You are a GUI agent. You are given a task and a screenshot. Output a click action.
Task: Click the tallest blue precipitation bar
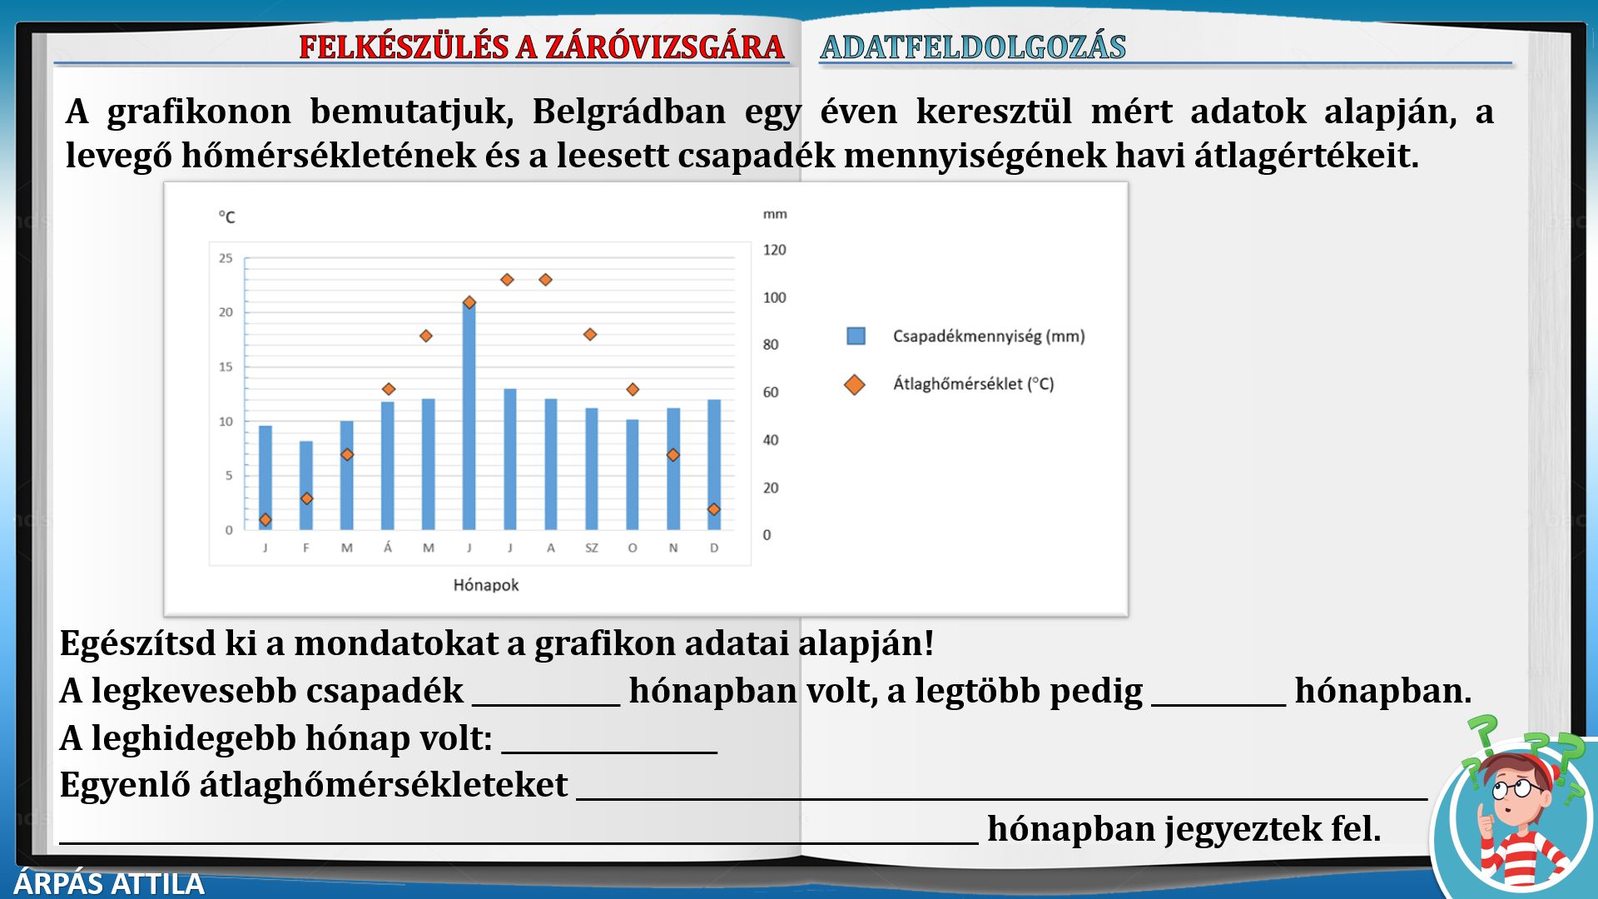point(469,416)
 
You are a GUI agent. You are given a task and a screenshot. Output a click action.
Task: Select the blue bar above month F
point(306,485)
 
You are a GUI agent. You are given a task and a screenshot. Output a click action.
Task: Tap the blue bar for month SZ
point(592,469)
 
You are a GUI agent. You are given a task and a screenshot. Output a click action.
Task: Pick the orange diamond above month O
point(633,390)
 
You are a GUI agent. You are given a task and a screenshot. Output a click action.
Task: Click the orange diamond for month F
point(306,499)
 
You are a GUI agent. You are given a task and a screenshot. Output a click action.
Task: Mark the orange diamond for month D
point(713,509)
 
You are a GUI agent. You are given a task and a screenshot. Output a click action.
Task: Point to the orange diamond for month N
point(673,455)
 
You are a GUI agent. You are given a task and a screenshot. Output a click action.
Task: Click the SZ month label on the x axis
point(592,548)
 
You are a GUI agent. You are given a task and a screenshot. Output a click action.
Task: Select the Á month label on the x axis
point(388,547)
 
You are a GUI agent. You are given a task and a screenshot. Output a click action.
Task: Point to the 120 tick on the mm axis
point(775,250)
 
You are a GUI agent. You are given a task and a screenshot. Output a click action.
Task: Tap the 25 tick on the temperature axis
point(226,258)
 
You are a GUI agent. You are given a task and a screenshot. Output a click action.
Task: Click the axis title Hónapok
point(486,585)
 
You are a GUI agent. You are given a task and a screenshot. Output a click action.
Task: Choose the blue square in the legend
point(856,335)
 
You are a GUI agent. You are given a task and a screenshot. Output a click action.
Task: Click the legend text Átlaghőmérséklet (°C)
point(974,384)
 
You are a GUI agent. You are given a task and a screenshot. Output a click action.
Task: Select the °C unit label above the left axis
point(227,217)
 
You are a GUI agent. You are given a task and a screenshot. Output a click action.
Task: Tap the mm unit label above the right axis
point(775,214)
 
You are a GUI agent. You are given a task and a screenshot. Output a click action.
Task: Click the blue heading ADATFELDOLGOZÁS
point(973,47)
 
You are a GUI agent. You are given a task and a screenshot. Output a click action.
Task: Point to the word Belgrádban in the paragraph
point(629,112)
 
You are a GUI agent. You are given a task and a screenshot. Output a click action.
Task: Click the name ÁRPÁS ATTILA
point(109,884)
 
